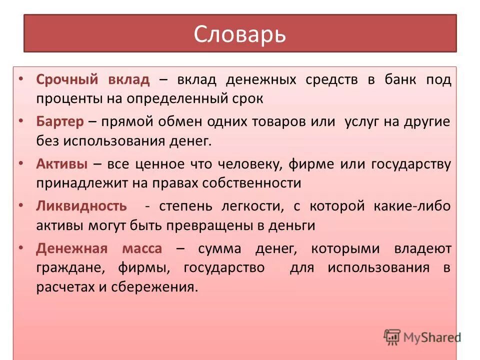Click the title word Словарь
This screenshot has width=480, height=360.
coord(239,34)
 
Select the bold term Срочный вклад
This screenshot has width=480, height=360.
coord(92,80)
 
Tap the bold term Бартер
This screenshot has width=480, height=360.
coord(59,122)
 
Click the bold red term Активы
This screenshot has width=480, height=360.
coord(62,164)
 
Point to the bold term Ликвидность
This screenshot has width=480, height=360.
coord(81,206)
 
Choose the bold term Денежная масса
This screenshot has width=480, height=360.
coord(99,248)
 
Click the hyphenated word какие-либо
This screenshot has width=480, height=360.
coord(412,206)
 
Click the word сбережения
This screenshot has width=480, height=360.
coord(171,286)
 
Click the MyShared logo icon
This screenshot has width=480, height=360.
coord(392,337)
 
